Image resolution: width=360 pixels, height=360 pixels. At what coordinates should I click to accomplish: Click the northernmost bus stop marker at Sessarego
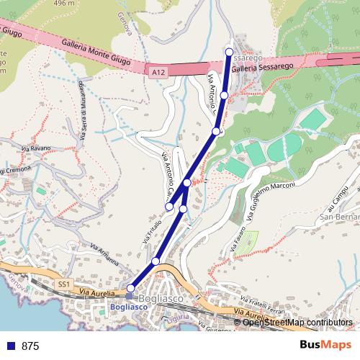(229, 52)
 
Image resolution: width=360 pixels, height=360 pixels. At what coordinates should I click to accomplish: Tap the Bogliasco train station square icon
(130, 296)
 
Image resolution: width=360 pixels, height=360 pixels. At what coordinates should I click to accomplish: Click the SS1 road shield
(63, 284)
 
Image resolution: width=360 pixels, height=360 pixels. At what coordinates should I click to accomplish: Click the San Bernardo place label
(339, 217)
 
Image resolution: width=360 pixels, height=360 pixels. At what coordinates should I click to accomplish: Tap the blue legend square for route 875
(11, 346)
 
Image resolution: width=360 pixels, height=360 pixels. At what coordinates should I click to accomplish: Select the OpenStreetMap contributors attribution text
(298, 322)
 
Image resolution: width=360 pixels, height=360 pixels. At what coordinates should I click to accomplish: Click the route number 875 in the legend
(30, 346)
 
